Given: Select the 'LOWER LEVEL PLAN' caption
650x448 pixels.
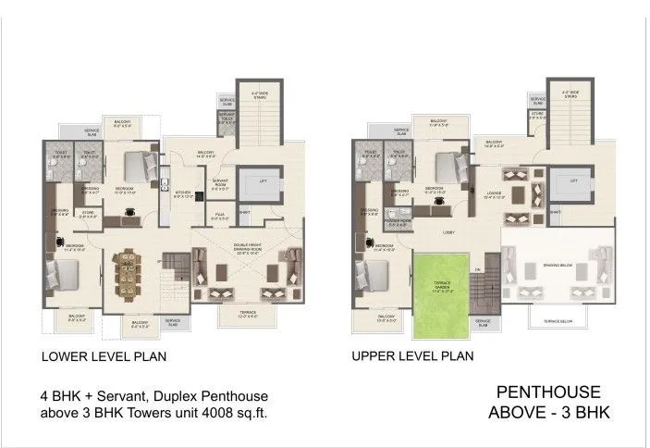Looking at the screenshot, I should [104, 355].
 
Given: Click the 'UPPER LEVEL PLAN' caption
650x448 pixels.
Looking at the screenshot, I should [412, 355].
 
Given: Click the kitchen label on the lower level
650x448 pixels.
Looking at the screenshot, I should [182, 193].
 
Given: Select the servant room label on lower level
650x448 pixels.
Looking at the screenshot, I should [220, 182].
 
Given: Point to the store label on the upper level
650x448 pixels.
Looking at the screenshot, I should [538, 116].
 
